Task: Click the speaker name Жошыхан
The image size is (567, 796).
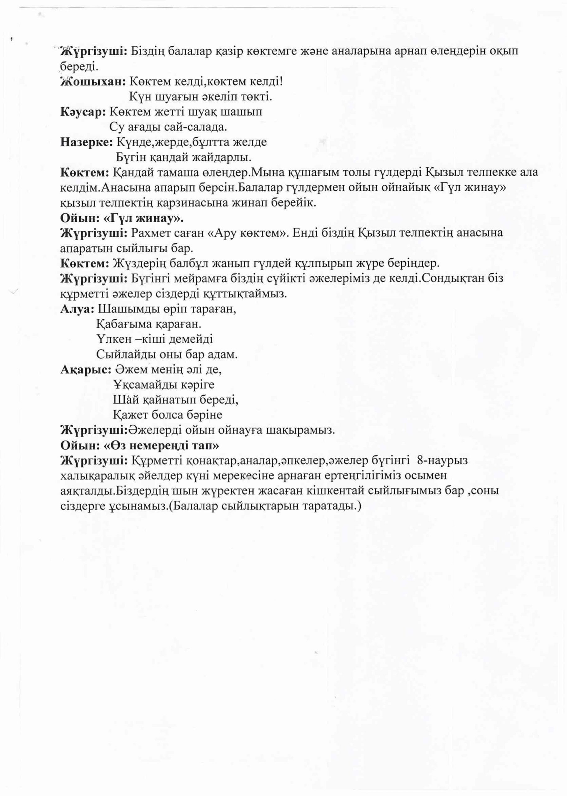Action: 92,82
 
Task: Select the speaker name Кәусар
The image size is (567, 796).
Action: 83,112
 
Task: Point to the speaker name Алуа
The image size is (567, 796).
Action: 77,309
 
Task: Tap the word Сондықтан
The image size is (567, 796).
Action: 461,279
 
